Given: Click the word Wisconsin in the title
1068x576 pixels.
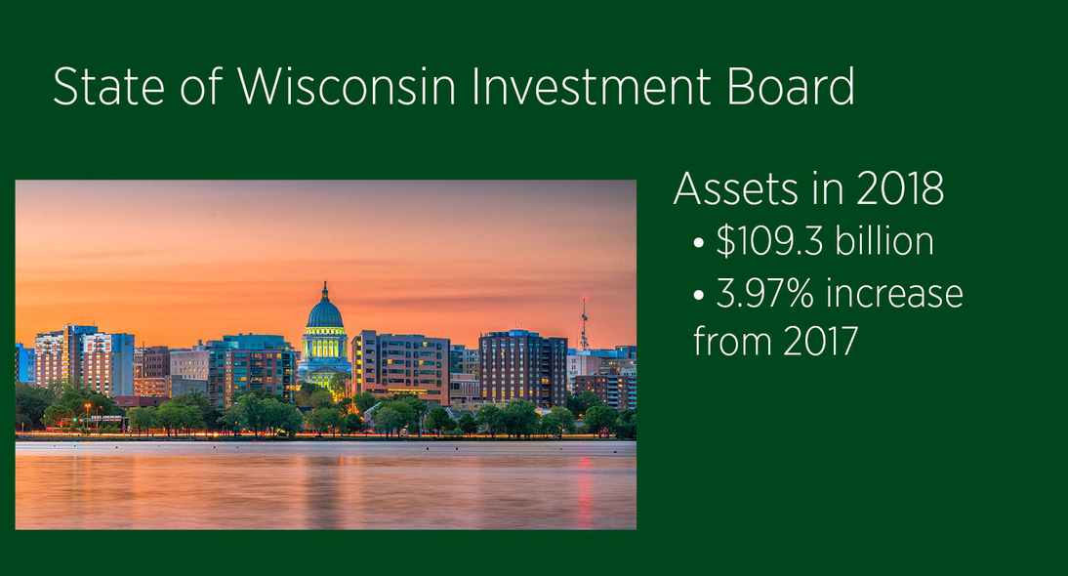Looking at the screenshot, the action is coord(347,87).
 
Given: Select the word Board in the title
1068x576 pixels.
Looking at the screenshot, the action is coord(790,86).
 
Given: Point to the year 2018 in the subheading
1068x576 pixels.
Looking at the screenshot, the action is coord(900,188).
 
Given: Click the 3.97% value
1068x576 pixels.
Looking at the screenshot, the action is coord(765,294).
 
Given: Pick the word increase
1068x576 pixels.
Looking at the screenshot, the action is coord(894,294).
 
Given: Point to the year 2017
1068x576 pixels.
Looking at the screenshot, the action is coord(820,341).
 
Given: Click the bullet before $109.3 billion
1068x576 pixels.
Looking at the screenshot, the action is coord(698,242).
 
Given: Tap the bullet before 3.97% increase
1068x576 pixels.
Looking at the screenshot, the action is coord(698,296).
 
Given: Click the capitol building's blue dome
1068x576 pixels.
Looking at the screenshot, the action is coord(325,314).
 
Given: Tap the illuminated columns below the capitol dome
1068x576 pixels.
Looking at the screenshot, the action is coord(324,345).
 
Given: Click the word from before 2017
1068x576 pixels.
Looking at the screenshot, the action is coord(733,341).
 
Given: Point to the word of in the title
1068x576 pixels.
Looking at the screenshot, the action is coord(202,87).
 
